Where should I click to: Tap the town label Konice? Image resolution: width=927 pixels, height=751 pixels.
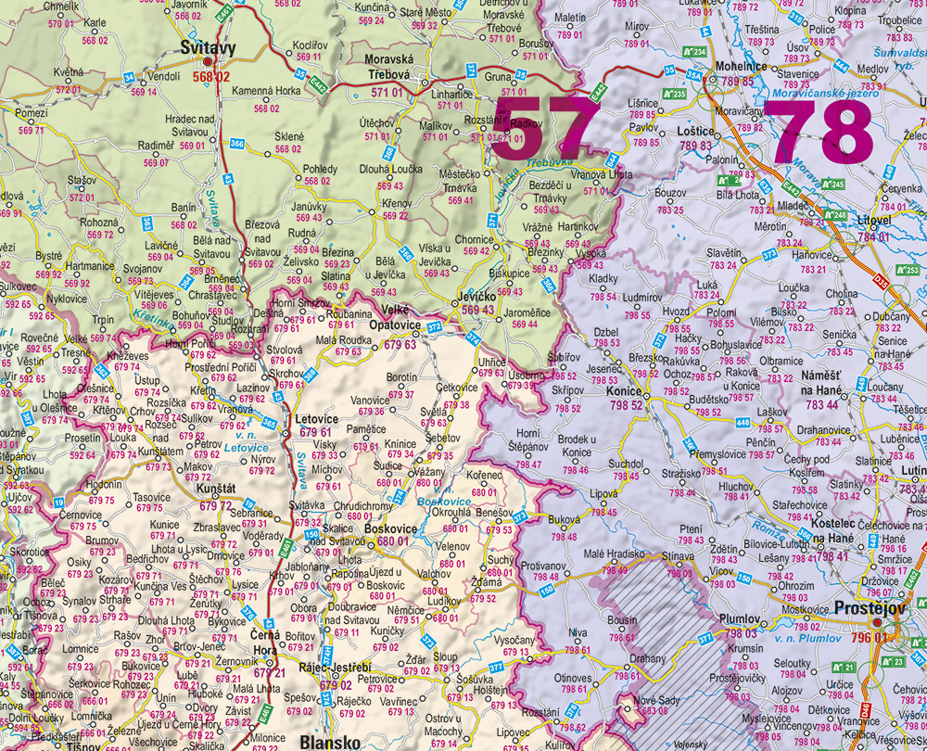pyautogui.click(x=623, y=392)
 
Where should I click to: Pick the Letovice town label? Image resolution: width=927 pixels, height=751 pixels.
pyautogui.click(x=314, y=419)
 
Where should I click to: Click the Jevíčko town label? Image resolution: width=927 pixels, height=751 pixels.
pyautogui.click(x=476, y=295)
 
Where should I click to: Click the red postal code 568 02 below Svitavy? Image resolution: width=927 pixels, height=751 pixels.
pyautogui.click(x=210, y=77)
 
